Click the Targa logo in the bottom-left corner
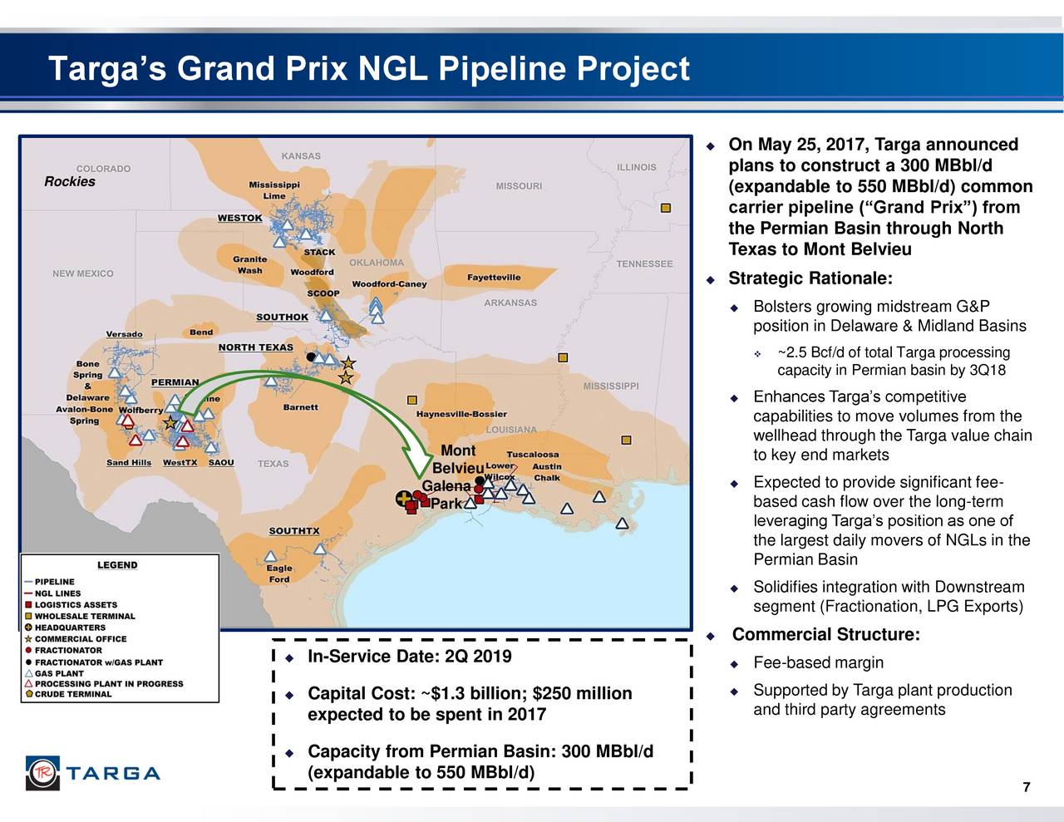(92, 773)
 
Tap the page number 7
(1027, 788)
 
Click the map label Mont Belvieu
(458, 460)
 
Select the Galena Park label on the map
(446, 495)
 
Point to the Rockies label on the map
(70, 182)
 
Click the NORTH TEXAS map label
(255, 347)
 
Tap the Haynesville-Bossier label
(461, 414)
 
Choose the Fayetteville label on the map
(494, 278)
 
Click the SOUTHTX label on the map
(293, 531)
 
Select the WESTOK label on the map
(239, 218)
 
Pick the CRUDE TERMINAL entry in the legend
(72, 694)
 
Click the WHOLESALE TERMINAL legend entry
(84, 616)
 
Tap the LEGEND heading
(117, 565)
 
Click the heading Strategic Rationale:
(810, 278)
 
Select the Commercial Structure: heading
(825, 635)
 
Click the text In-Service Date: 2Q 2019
(409, 657)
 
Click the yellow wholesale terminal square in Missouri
(665, 208)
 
